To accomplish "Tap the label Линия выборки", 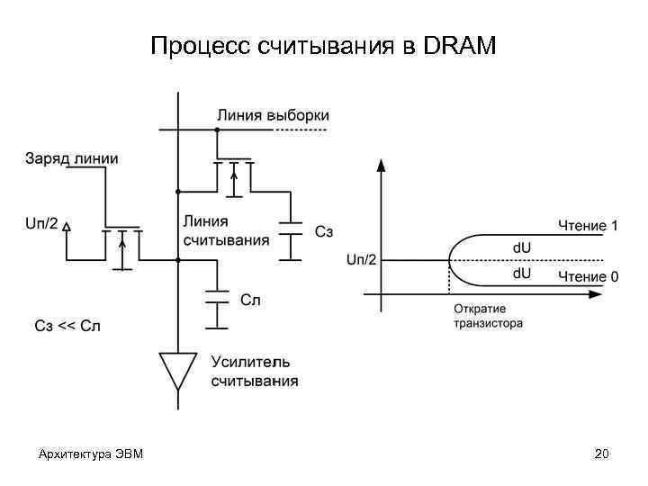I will click(x=273, y=115).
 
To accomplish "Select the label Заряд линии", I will click(x=71, y=158).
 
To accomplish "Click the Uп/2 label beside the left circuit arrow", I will click(x=42, y=223).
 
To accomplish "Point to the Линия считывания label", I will click(x=225, y=230).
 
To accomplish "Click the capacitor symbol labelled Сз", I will click(x=290, y=231).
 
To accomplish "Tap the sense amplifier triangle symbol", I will click(x=178, y=368).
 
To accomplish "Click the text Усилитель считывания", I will click(x=254, y=371).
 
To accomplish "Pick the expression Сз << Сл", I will click(x=67, y=326).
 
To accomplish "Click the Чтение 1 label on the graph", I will click(x=588, y=225).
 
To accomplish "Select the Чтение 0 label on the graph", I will click(x=588, y=276).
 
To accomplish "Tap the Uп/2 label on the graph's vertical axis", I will click(x=362, y=259).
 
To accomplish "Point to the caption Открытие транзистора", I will click(x=487, y=316).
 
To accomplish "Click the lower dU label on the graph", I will click(x=522, y=272).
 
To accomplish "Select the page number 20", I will click(x=601, y=454).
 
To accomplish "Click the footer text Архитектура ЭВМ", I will click(x=85, y=454).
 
